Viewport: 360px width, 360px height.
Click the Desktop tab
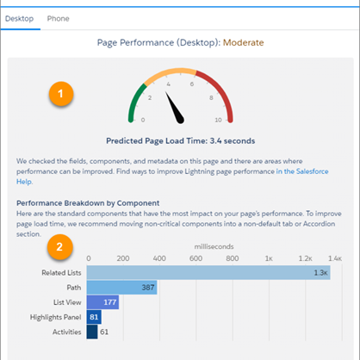pyautogui.click(x=20, y=18)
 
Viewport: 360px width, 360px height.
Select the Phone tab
pyautogui.click(x=59, y=18)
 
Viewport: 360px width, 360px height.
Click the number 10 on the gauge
pyautogui.click(x=218, y=120)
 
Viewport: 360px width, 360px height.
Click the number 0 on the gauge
pyautogui.click(x=142, y=120)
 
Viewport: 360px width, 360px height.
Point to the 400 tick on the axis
pyautogui.click(x=159, y=257)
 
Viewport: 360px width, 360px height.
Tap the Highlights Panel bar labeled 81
pyautogui.click(x=94, y=316)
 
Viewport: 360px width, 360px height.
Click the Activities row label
pyautogui.click(x=65, y=331)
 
